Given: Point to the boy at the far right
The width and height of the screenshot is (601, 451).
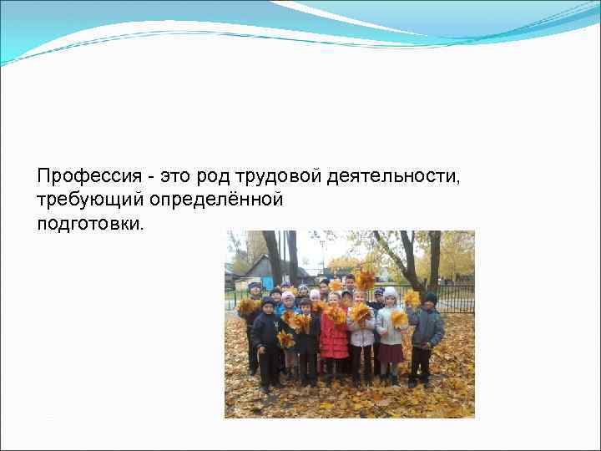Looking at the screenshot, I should pos(427,334).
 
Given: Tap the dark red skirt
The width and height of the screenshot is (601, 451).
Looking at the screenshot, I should pos(390,353).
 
